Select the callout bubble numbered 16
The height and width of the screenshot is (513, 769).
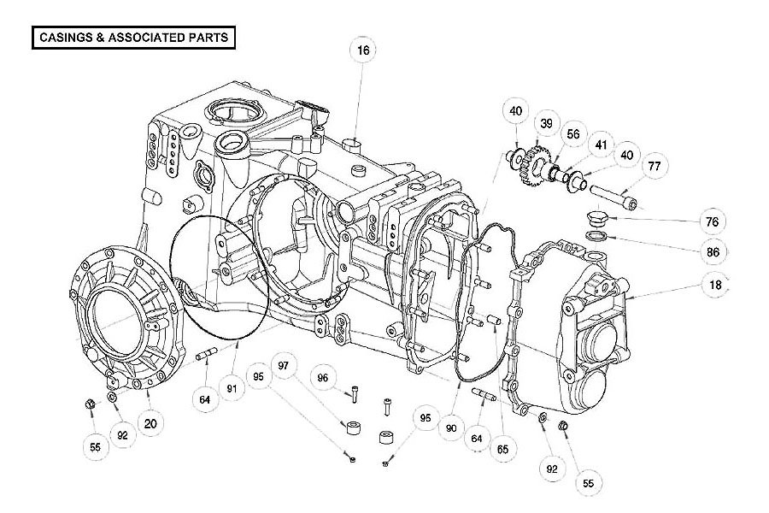(x=363, y=50)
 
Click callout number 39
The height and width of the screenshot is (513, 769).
(x=546, y=124)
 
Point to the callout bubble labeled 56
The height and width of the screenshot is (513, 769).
(x=572, y=134)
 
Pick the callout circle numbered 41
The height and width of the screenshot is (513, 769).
(x=601, y=145)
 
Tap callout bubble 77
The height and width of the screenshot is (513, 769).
(x=655, y=167)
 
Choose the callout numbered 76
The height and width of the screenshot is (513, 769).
(x=712, y=222)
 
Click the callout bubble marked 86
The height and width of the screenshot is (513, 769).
(x=713, y=252)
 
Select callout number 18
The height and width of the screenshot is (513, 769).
(x=715, y=285)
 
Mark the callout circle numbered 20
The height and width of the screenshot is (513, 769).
(x=150, y=423)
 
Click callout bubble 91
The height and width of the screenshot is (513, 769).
(x=232, y=389)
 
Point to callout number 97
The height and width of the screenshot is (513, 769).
(x=284, y=366)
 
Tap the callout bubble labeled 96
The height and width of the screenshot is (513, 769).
(x=323, y=378)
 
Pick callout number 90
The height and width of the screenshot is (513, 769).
(x=451, y=428)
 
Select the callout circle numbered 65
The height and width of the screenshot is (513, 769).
(x=502, y=449)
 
